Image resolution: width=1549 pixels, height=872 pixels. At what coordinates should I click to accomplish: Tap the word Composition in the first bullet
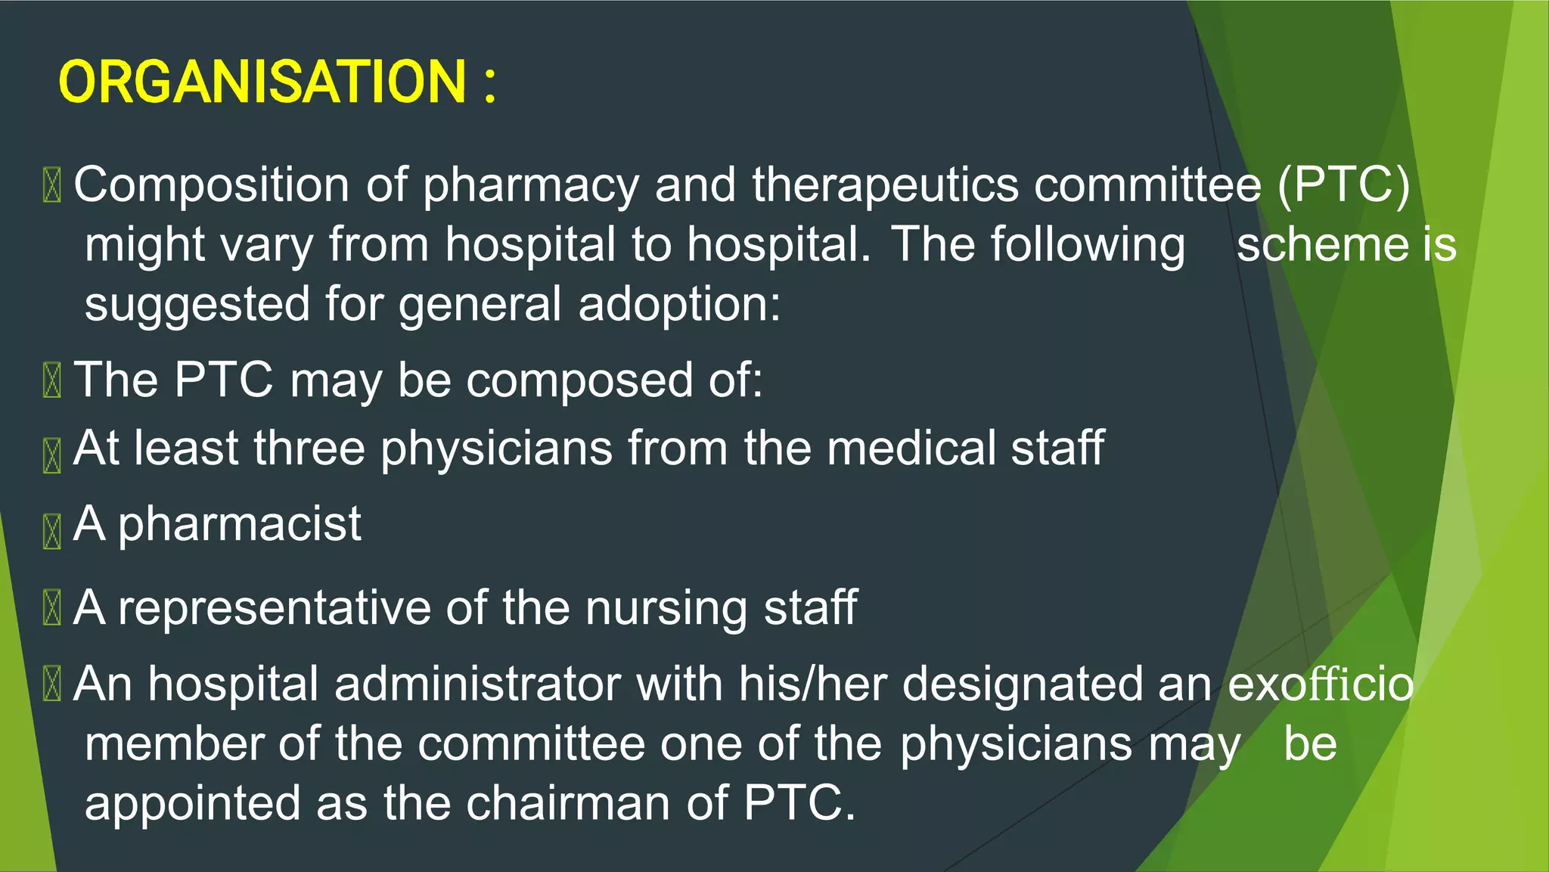(x=212, y=185)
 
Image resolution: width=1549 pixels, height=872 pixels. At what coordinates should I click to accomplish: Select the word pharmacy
(x=531, y=186)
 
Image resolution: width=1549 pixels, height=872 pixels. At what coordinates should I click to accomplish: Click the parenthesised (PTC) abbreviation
(x=1343, y=185)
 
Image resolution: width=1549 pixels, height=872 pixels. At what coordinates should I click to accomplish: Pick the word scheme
(x=1321, y=245)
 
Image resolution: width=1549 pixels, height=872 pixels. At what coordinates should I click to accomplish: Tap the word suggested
(x=197, y=305)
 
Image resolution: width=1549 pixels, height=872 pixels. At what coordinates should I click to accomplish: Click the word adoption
(x=678, y=305)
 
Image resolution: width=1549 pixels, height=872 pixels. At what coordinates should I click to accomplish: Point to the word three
(x=309, y=448)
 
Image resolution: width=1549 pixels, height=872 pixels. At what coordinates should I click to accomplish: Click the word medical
(x=911, y=448)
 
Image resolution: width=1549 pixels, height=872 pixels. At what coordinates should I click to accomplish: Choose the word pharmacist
(x=240, y=524)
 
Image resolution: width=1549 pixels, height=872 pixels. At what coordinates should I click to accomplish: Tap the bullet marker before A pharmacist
(x=51, y=531)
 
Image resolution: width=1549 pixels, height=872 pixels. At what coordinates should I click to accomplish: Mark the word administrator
(x=477, y=684)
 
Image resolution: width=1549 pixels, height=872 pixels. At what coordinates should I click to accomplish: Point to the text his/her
(x=812, y=684)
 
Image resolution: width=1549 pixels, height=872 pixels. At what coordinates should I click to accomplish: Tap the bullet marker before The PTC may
(x=51, y=380)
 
